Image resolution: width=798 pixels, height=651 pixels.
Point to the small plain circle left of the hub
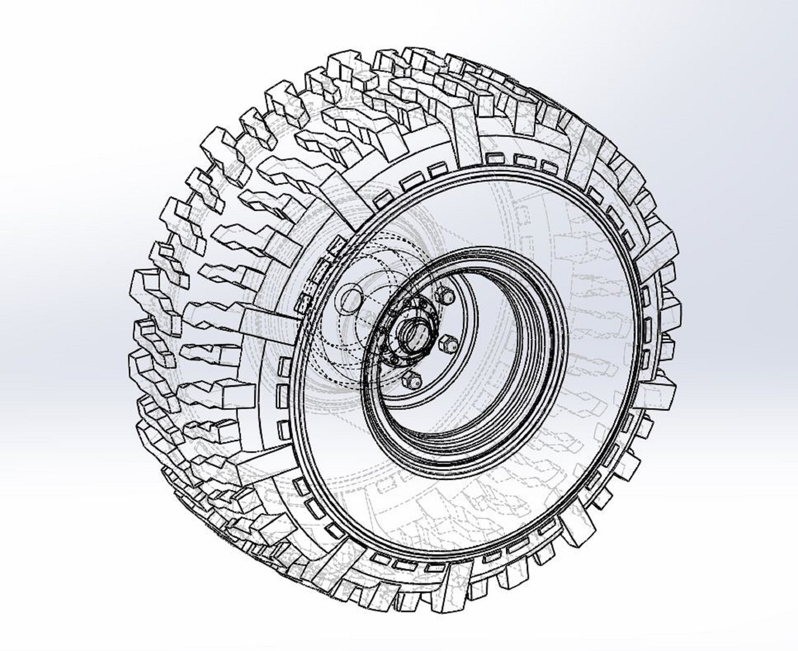point(350,299)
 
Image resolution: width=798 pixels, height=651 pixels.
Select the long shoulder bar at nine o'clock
point(265,313)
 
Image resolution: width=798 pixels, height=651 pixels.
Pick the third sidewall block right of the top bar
point(548,167)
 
